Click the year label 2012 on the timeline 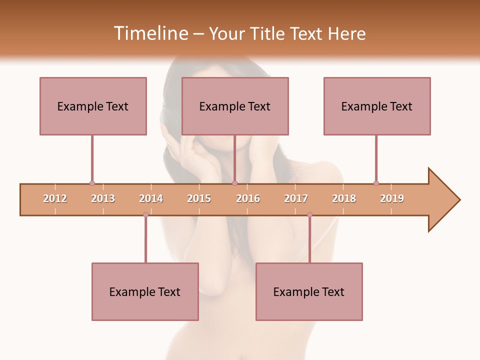pyautogui.click(x=55, y=198)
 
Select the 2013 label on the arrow pyautogui.click(x=103, y=198)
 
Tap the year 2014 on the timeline pyautogui.click(x=151, y=198)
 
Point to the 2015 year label pyautogui.click(x=199, y=198)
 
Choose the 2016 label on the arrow pyautogui.click(x=248, y=198)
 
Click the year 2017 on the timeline pyautogui.click(x=296, y=198)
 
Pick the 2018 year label pyautogui.click(x=344, y=198)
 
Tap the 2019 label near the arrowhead pyautogui.click(x=392, y=198)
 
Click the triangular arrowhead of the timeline pyautogui.click(x=442, y=200)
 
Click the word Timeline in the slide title pyautogui.click(x=150, y=33)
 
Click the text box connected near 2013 pyautogui.click(x=93, y=106)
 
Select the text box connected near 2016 pyautogui.click(x=235, y=106)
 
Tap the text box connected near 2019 pyautogui.click(x=377, y=106)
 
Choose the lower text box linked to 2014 pyautogui.click(x=145, y=291)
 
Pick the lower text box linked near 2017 pyautogui.click(x=309, y=291)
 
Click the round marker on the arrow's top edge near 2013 pyautogui.click(x=92, y=183)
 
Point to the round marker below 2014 pyautogui.click(x=145, y=215)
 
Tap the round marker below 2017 pyautogui.click(x=309, y=215)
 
